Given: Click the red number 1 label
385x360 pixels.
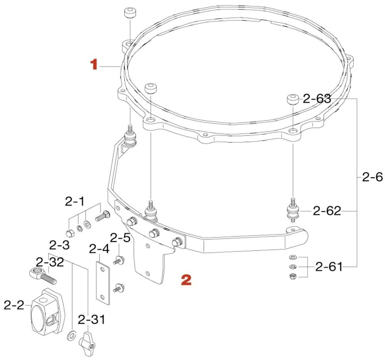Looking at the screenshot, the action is [94, 64].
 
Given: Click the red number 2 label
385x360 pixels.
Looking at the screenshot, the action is [186, 280].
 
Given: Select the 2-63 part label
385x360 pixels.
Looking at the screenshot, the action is [317, 99].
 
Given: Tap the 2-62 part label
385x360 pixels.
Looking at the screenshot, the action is [327, 211].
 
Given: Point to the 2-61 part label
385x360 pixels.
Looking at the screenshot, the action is [329, 267].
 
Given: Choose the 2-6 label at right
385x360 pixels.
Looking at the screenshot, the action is [372, 177].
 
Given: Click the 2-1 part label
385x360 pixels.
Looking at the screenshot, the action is [75, 201].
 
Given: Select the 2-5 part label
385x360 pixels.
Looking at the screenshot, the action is [120, 237].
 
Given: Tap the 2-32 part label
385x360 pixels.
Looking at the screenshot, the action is [50, 262].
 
